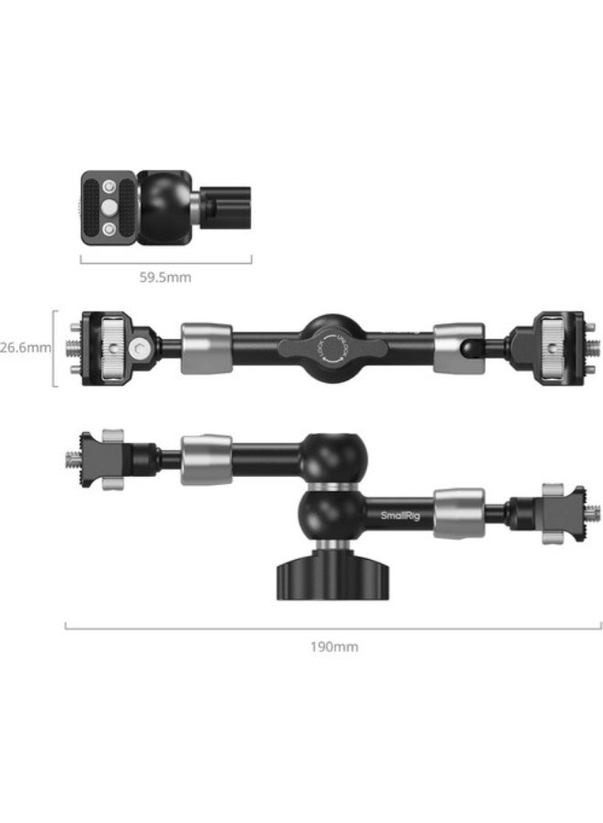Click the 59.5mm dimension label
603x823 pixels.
pos(165,277)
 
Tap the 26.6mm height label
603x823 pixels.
pos(26,347)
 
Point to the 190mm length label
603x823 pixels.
pos(333,647)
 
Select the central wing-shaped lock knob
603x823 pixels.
pos(327,346)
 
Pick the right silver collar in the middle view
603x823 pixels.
pos(457,346)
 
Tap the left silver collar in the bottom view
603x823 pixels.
pos(206,459)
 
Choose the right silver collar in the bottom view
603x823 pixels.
pos(459,513)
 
